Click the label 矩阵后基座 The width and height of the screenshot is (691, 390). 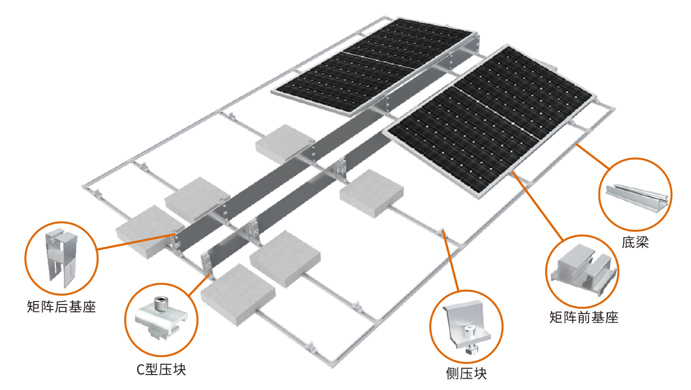click(61, 307)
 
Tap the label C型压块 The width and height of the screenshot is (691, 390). click(161, 370)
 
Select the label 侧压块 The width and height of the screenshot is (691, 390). click(467, 374)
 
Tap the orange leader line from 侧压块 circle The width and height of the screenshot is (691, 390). click(452, 262)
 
